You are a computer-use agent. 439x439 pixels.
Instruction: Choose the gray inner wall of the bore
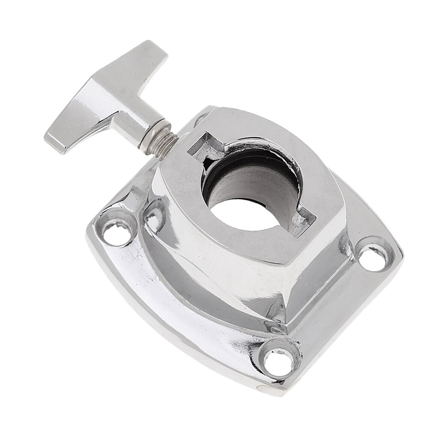point(257,180)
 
